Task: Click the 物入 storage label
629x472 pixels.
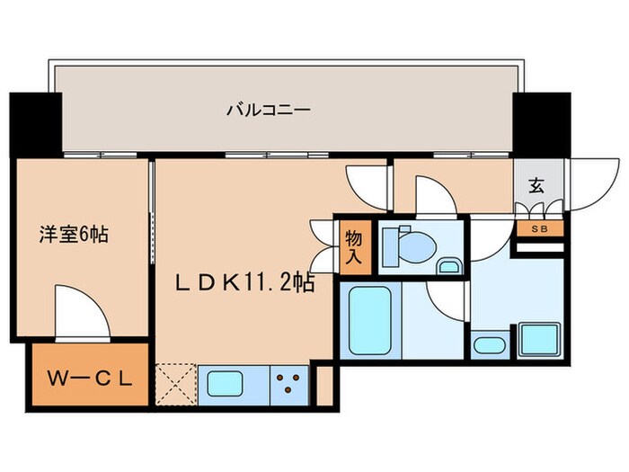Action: point(353,246)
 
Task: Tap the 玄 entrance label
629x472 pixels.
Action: point(536,186)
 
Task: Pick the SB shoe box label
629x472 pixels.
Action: point(538,228)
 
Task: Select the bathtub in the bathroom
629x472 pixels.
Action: point(369,320)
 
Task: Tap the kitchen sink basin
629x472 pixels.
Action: point(233,384)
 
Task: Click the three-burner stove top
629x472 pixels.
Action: point(290,384)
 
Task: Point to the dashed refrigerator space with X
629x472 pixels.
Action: point(176,383)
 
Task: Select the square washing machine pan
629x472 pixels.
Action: point(540,340)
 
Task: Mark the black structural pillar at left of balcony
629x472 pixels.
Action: point(36,123)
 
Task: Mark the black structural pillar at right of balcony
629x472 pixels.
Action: point(542,123)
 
